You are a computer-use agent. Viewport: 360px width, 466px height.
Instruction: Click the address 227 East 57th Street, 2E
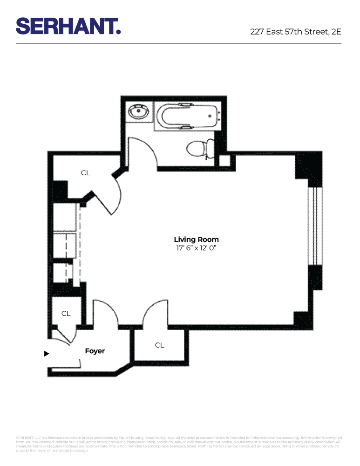[295, 32]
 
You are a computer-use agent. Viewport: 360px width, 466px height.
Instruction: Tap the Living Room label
[196, 240]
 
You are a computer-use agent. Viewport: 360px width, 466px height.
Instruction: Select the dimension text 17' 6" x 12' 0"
[196, 248]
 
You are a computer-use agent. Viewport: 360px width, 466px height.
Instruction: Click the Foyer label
[95, 351]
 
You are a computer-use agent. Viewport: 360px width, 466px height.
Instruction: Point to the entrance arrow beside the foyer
[46, 354]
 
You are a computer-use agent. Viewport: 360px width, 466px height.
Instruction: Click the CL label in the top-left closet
[85, 173]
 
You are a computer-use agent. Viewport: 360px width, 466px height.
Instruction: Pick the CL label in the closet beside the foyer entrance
[66, 314]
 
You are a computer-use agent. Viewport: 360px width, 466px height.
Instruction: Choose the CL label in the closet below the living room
[159, 345]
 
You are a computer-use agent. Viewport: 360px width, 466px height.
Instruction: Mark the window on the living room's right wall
[315, 226]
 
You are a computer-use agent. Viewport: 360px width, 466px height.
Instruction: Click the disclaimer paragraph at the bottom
[180, 444]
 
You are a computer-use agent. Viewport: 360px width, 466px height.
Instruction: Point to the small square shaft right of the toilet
[224, 161]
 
